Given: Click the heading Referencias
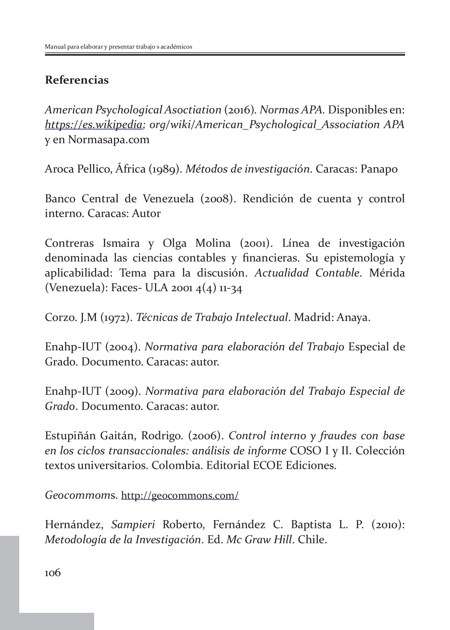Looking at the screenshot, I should point(77,80).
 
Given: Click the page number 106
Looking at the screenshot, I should point(53,573).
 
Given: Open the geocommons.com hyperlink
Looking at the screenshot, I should point(180,496).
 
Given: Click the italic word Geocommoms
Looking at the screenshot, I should point(81,496).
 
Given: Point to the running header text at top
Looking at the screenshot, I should point(118,47).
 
